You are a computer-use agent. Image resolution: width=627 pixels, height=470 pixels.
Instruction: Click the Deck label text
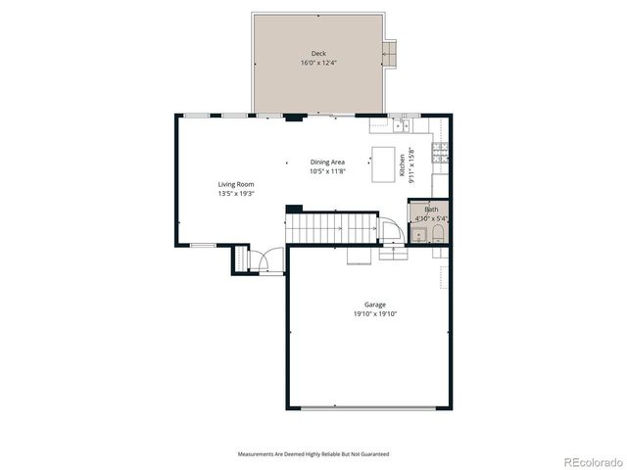(x=318, y=54)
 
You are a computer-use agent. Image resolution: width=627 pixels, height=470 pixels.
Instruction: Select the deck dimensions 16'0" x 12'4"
(x=318, y=64)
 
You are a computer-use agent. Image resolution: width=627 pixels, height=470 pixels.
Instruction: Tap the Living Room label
(x=236, y=184)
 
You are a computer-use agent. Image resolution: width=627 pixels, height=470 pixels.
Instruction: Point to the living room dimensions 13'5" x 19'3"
(x=236, y=194)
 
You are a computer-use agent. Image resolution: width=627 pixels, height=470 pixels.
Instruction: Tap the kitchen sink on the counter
(x=402, y=125)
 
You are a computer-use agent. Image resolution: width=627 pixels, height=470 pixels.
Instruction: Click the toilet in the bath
(x=438, y=233)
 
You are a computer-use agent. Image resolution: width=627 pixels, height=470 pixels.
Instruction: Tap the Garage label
(x=367, y=305)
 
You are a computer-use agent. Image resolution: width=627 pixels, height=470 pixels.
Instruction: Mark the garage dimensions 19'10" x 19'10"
(x=367, y=315)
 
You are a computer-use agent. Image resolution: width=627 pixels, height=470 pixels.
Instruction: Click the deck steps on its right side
(x=391, y=54)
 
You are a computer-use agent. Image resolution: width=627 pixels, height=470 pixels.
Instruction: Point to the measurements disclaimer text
(x=313, y=454)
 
